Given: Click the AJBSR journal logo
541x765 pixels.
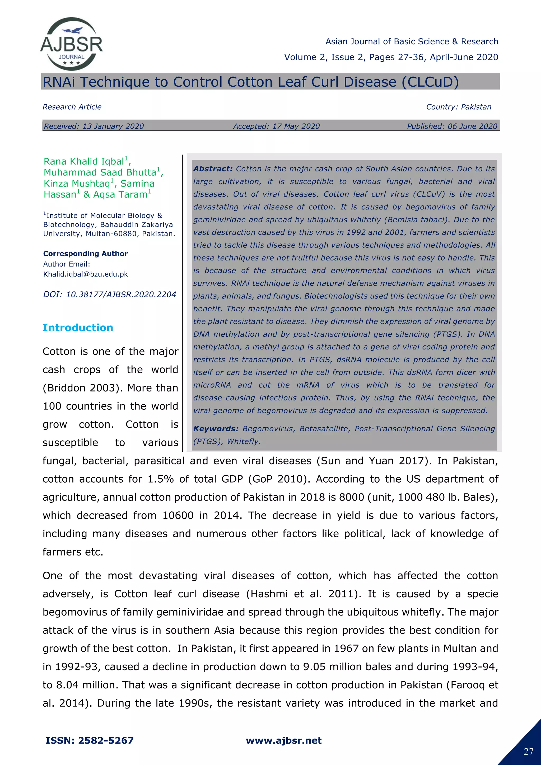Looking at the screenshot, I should tap(72, 44).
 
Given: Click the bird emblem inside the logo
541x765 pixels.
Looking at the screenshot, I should tap(73, 31).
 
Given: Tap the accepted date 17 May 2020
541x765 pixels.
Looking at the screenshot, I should tap(296, 126).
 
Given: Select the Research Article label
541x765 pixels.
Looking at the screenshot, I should tap(72, 107).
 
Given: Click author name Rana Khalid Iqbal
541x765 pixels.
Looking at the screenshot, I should tap(84, 162).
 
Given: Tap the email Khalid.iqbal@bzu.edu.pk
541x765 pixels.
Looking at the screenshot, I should tap(86, 274).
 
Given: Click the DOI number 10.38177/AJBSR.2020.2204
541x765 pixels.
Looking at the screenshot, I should tap(121, 295).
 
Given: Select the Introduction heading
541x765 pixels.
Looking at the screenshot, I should tap(78, 328).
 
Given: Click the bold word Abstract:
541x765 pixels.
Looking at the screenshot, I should tap(213, 169).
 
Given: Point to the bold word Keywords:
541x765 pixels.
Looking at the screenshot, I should tap(216, 429).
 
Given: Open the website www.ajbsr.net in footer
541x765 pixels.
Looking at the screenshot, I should tap(283, 741).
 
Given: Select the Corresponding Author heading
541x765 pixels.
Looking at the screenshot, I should tap(85, 254).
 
